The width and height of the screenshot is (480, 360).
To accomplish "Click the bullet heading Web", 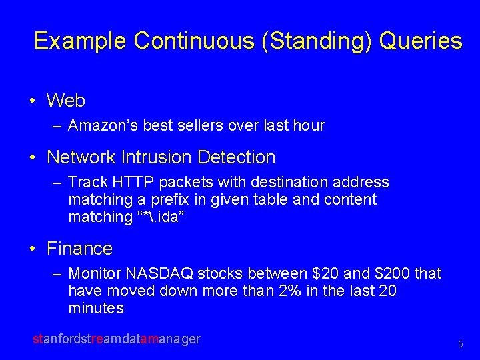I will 66,101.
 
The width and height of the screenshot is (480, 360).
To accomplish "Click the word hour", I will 309,125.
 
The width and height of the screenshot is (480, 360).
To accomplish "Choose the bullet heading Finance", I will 79,249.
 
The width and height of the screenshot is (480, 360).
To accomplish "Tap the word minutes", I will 96,308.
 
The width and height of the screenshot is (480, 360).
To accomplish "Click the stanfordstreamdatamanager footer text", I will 117,339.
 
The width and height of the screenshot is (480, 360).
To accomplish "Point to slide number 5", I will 460,345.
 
